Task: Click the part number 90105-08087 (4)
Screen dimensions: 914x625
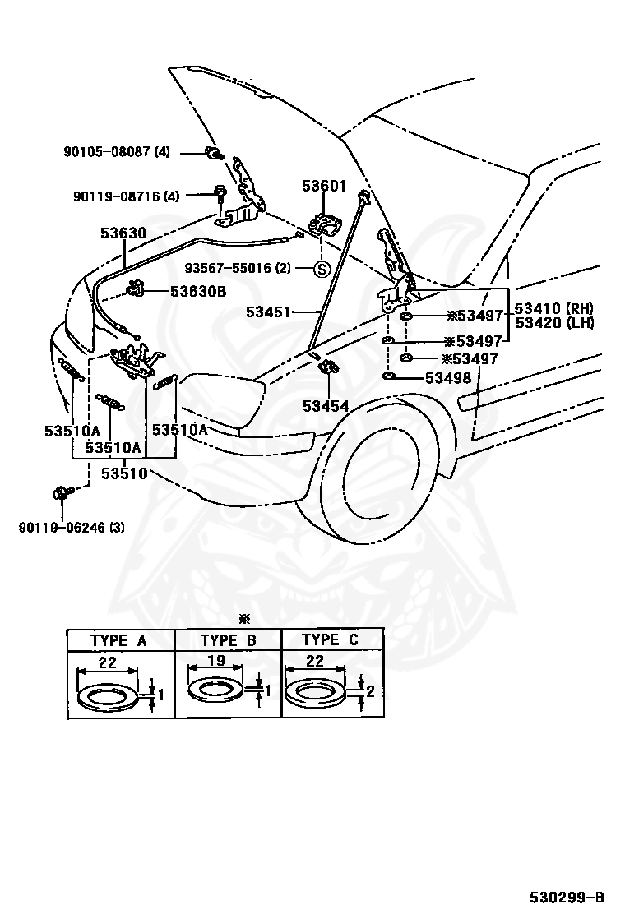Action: click(117, 152)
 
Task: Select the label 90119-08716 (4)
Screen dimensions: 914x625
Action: click(126, 196)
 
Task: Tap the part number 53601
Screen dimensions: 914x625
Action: click(324, 187)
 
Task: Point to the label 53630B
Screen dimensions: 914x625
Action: click(198, 291)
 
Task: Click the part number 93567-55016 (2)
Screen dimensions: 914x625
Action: click(237, 268)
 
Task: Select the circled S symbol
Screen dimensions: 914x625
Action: click(322, 269)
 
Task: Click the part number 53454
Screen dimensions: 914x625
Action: click(325, 405)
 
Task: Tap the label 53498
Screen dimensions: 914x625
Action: click(448, 378)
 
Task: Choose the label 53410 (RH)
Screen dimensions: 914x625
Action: click(553, 309)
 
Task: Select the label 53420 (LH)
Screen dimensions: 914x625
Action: click(553, 323)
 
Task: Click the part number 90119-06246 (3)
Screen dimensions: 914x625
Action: click(72, 527)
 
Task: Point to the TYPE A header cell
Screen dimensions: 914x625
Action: click(119, 640)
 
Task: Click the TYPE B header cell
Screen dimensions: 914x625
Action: click(228, 640)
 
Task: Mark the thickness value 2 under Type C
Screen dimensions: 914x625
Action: click(370, 691)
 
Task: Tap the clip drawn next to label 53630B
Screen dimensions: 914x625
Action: click(137, 289)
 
